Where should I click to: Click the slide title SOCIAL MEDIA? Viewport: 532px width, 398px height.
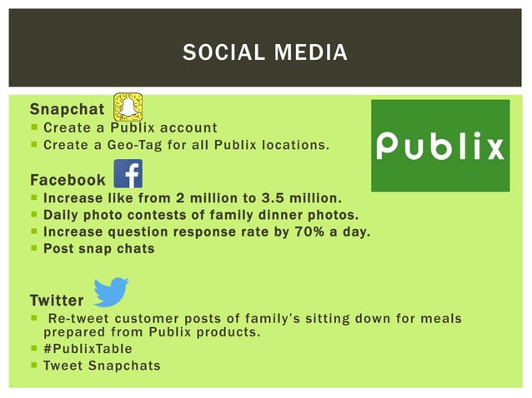(x=265, y=54)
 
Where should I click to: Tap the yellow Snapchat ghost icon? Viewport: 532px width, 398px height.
(x=128, y=107)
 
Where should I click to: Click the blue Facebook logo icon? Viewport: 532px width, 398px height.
(x=128, y=174)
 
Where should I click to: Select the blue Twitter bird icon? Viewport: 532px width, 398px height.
(x=111, y=292)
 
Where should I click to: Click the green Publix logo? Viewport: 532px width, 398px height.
(x=439, y=146)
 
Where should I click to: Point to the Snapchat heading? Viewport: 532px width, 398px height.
(x=68, y=110)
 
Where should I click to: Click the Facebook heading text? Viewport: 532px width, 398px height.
(x=68, y=180)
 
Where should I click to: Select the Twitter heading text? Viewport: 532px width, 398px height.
(x=57, y=300)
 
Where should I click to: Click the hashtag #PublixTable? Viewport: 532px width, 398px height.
(x=88, y=349)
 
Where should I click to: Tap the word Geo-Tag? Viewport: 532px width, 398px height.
(x=134, y=146)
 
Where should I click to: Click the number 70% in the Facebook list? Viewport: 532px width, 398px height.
(x=305, y=231)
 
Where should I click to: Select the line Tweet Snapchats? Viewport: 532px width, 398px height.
(x=102, y=366)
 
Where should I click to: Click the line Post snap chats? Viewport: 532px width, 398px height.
(x=98, y=248)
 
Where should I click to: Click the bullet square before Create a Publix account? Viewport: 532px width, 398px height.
(x=33, y=128)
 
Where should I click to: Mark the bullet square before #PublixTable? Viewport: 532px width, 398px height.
(x=33, y=349)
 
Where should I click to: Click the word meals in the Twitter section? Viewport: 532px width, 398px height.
(x=441, y=318)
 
